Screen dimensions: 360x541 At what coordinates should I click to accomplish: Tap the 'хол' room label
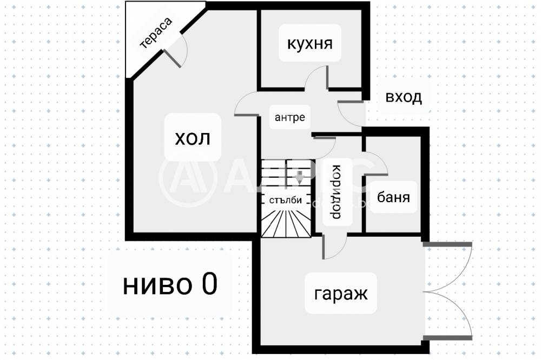(192, 139)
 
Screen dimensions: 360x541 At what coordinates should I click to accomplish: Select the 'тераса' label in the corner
(156, 34)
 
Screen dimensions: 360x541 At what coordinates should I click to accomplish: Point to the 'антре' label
(290, 117)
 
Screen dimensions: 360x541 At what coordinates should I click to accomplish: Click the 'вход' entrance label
(404, 98)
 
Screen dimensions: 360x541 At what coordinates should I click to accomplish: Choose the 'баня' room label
(393, 197)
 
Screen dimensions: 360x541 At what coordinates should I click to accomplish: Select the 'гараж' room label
(341, 294)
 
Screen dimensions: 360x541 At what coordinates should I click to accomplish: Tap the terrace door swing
(177, 52)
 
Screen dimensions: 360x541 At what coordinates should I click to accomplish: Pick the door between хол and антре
(247, 104)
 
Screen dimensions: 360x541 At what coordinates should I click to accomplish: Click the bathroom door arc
(377, 163)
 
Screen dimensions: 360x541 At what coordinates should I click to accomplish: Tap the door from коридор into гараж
(334, 248)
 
